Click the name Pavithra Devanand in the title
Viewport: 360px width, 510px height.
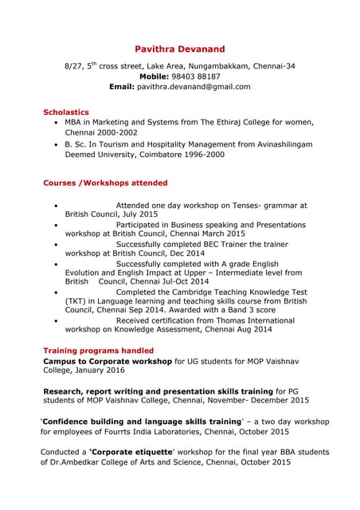click(179, 49)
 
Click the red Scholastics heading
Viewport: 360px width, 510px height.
click(66, 112)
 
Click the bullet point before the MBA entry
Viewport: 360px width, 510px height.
click(54, 123)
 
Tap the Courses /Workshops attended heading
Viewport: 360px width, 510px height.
click(105, 183)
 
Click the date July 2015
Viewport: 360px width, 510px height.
click(139, 214)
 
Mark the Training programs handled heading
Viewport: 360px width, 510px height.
click(98, 350)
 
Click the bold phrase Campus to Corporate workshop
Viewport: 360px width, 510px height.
click(108, 361)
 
